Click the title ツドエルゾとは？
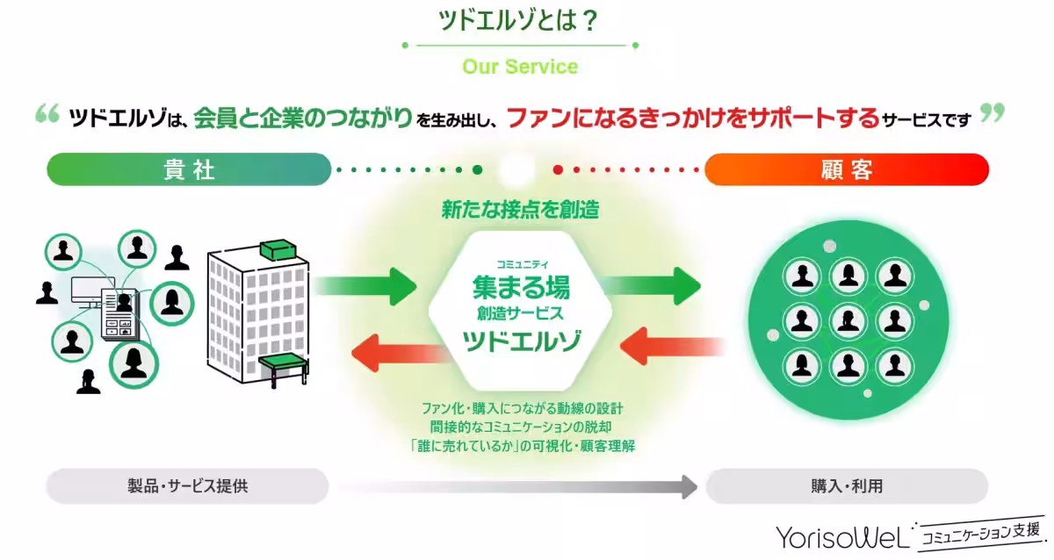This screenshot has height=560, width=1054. (519, 21)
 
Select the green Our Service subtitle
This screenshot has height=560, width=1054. (519, 67)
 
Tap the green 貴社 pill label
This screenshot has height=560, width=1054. (189, 169)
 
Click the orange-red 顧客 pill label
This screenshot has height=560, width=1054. (847, 169)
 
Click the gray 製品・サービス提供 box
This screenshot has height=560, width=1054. (187, 485)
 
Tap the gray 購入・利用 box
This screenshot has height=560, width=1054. (847, 485)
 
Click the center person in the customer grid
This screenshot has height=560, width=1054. (848, 319)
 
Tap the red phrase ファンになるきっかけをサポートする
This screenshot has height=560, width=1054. (693, 118)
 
